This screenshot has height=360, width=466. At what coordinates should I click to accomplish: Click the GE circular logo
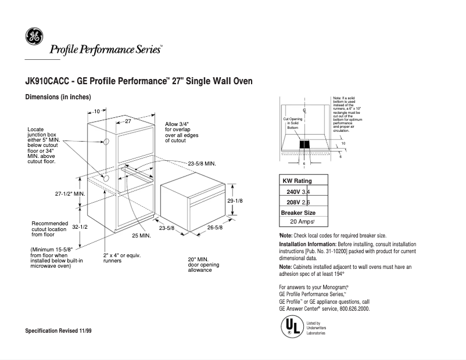coord(34,37)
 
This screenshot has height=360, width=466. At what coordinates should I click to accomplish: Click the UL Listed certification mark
coord(291,327)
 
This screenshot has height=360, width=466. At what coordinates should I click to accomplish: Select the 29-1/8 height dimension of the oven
coord(234,200)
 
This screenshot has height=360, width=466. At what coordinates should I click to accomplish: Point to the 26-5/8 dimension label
coord(215,228)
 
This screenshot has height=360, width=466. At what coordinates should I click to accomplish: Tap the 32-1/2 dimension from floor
coord(80,227)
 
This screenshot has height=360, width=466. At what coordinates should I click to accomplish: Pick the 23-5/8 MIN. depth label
coord(202,164)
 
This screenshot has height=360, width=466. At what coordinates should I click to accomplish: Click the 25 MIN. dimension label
coord(141,236)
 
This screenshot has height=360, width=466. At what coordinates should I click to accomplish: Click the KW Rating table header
coord(297,181)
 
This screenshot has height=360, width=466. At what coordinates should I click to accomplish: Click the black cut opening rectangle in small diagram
coord(304,145)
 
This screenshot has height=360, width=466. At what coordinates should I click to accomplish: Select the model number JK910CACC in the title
coord(46,82)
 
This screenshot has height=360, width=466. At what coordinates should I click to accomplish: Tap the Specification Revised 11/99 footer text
coord(58,330)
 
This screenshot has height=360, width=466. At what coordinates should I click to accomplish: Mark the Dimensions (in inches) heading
coord(58,97)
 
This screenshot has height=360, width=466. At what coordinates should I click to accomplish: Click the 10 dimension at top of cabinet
coord(96,110)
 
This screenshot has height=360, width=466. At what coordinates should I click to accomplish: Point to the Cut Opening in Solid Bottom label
coord(292,123)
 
